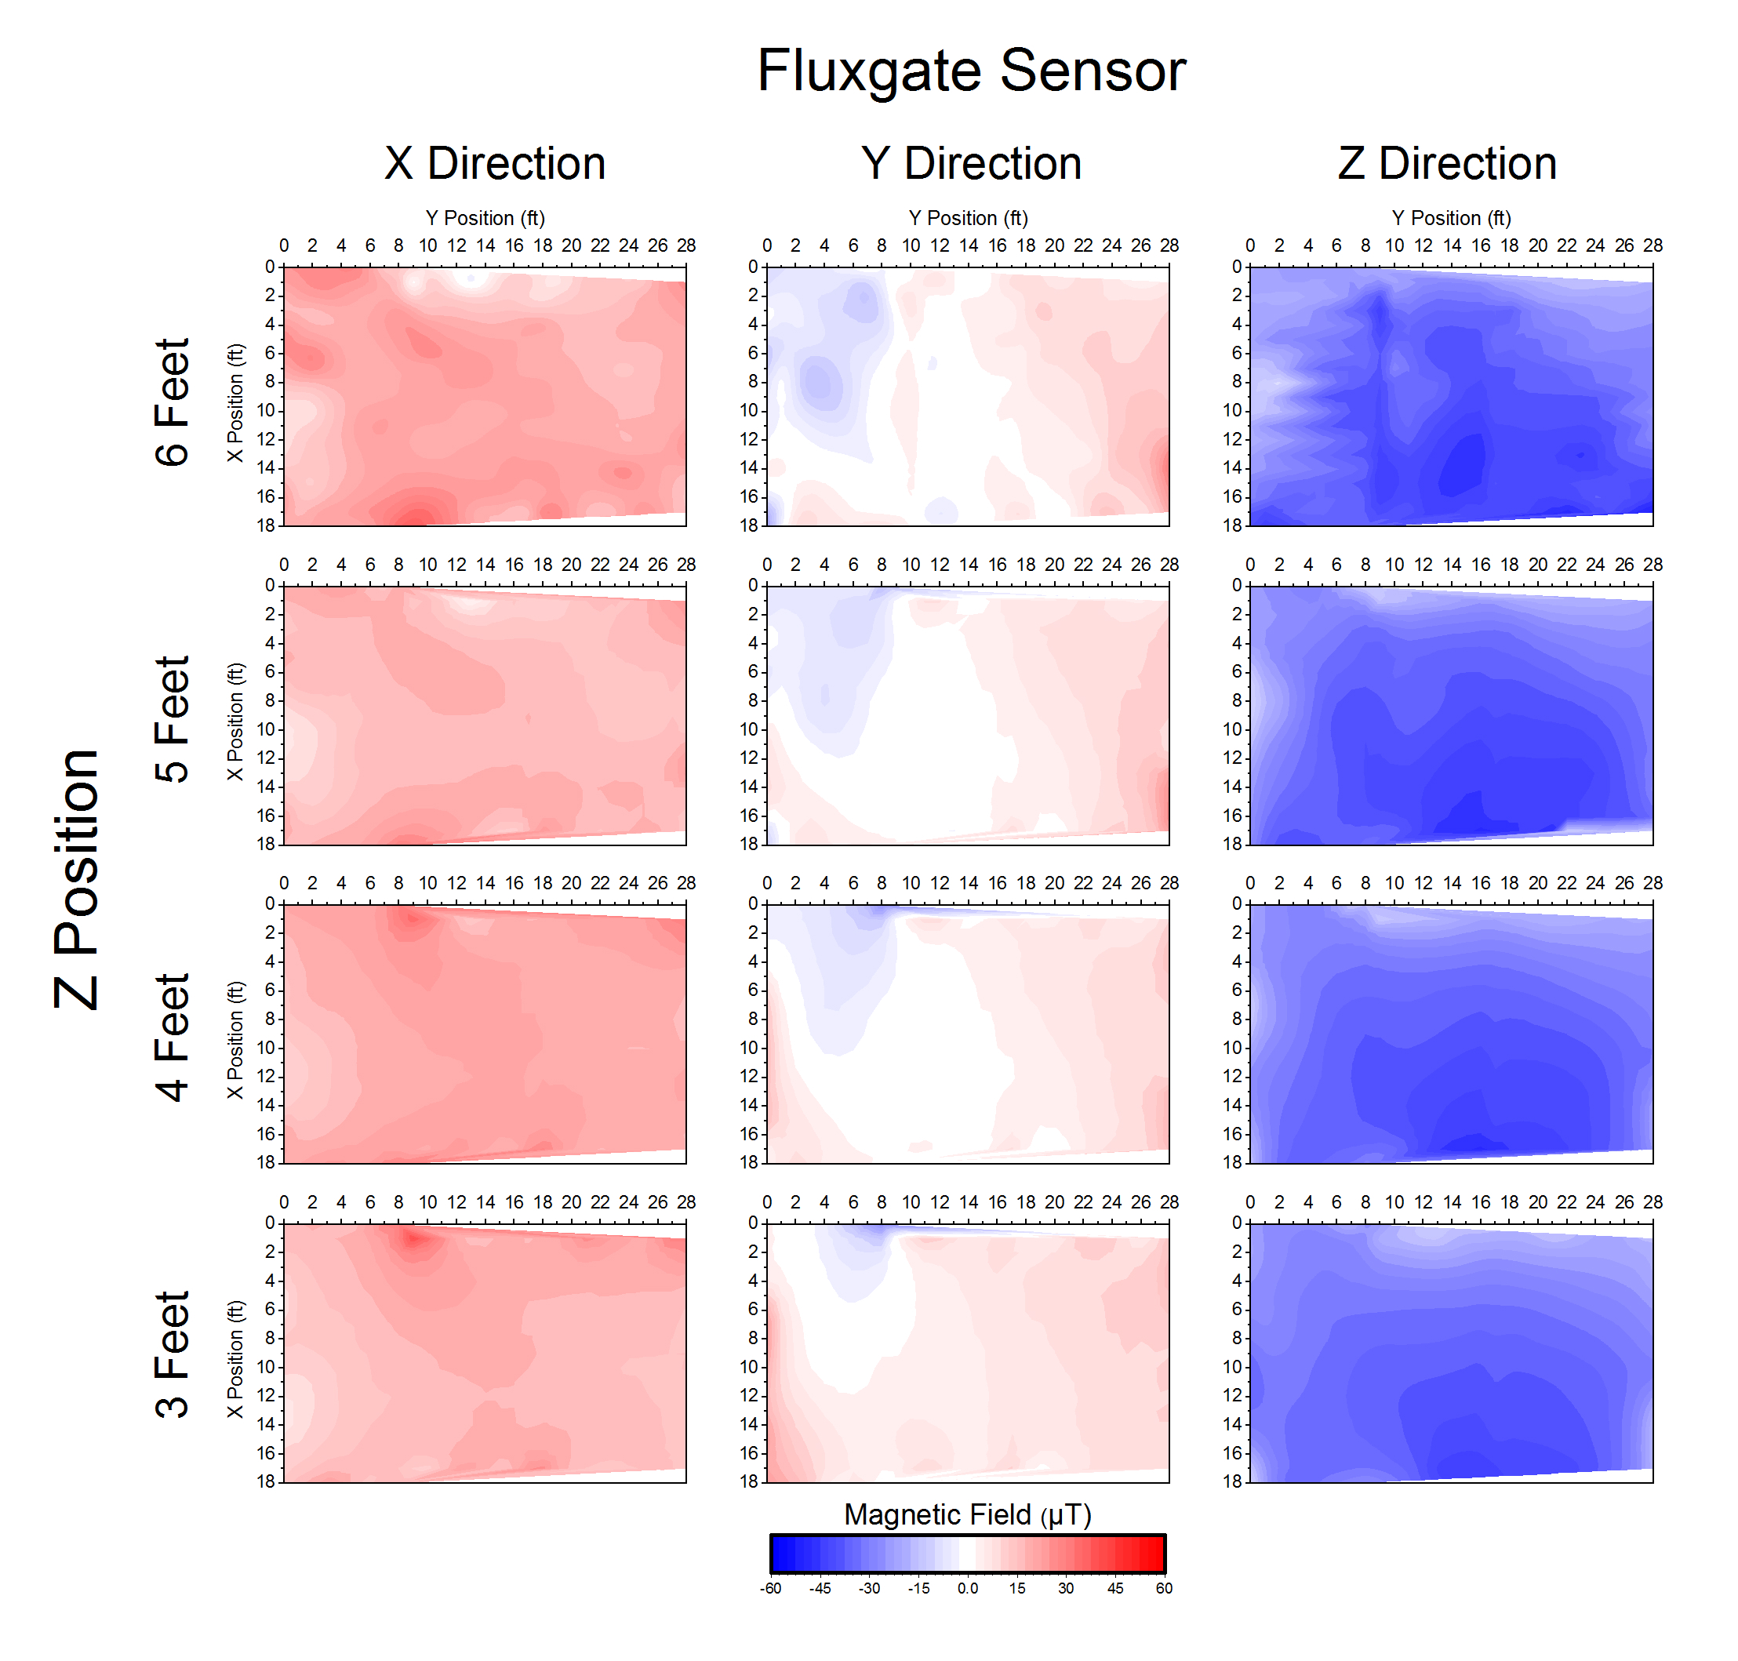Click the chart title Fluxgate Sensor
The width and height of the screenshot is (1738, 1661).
tap(970, 71)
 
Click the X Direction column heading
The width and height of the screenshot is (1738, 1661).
tap(494, 164)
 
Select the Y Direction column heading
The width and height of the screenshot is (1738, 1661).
tap(970, 164)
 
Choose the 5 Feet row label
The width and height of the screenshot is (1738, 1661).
tap(172, 719)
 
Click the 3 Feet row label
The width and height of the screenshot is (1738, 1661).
tap(172, 1354)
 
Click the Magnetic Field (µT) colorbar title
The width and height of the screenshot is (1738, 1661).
tap(967, 1514)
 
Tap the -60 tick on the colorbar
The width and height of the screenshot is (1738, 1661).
tap(769, 1588)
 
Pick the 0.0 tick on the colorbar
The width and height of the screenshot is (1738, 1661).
tap(967, 1588)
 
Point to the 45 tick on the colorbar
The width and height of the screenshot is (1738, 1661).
tap(1114, 1588)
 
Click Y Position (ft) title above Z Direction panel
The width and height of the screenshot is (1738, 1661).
tap(1450, 218)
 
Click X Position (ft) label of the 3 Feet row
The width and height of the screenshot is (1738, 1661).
tap(235, 1359)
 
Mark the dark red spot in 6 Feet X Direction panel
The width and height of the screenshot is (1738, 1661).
tap(416, 517)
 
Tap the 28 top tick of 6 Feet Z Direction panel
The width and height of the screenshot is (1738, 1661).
tap(1652, 245)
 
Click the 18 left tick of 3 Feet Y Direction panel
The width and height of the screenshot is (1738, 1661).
tap(749, 1481)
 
